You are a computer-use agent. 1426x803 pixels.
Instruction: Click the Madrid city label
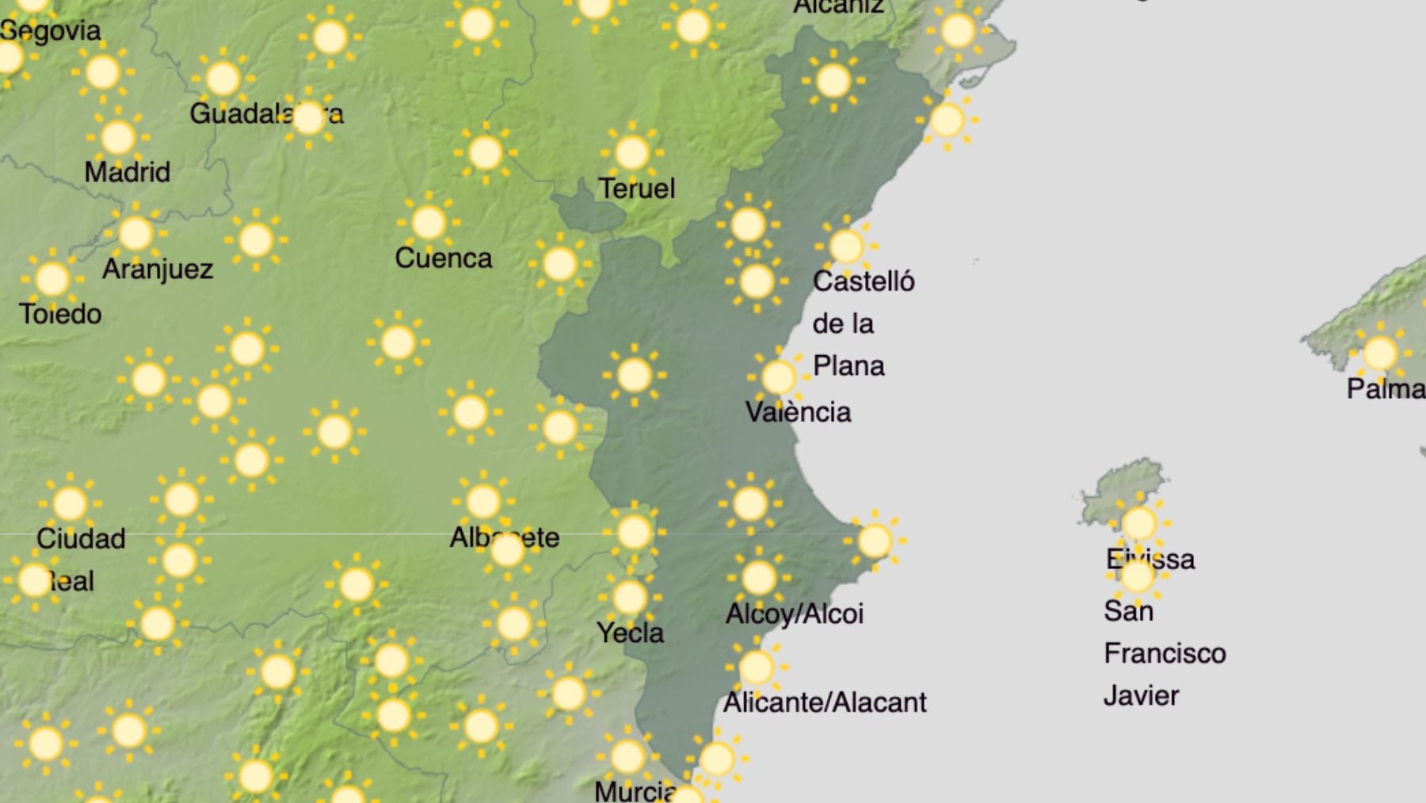coord(127,172)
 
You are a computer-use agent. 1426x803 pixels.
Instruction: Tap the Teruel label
coord(636,189)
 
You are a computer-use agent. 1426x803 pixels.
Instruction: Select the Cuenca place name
coord(443,258)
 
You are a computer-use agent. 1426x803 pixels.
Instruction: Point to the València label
coord(798,412)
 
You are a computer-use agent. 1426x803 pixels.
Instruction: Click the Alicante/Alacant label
coord(824,702)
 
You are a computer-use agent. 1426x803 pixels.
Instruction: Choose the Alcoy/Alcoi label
coord(794,614)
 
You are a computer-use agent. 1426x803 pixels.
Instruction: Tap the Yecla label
coord(630,633)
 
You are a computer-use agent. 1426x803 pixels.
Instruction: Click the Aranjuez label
coord(158,270)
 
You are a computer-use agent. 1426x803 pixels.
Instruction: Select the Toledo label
coord(60,315)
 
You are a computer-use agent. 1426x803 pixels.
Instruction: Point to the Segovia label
coord(51,31)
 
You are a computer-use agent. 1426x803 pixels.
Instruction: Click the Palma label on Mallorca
coord(1385,389)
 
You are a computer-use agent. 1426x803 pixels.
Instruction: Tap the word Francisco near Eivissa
coord(1165,654)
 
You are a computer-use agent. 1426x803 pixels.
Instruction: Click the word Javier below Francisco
coord(1141,696)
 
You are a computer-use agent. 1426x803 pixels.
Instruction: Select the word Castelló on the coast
coord(864,281)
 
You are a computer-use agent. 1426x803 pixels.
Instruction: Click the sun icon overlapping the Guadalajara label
coord(308,117)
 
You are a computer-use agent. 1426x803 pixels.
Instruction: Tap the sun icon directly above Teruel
coord(631,152)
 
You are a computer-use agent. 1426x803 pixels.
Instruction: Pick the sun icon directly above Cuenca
coord(428,223)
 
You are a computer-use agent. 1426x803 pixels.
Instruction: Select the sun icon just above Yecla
coord(629,597)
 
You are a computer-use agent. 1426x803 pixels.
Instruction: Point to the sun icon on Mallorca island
coord(1379,353)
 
